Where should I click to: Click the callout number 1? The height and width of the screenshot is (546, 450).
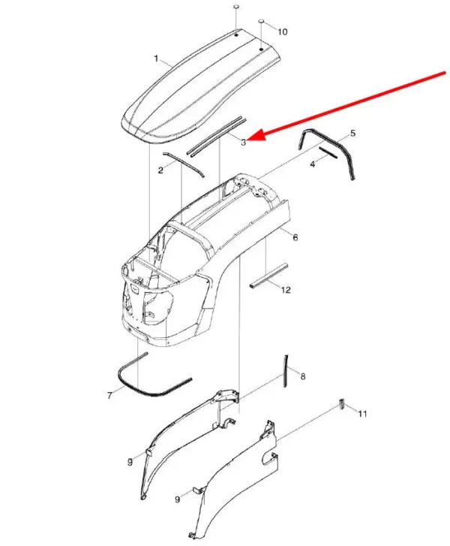click(x=156, y=58)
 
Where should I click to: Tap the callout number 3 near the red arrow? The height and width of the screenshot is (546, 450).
click(x=244, y=142)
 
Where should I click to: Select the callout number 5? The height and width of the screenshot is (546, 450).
click(x=352, y=133)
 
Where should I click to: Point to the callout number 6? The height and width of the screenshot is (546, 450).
click(x=295, y=237)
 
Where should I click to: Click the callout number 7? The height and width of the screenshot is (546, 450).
click(x=109, y=396)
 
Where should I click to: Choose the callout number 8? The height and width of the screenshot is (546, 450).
click(x=303, y=376)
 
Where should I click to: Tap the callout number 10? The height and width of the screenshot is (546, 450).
click(x=283, y=32)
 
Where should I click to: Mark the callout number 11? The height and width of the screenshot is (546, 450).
click(x=362, y=414)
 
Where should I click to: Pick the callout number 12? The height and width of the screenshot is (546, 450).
click(x=286, y=290)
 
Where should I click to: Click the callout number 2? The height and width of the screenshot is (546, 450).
click(x=160, y=170)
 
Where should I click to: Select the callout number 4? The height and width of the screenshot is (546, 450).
click(x=313, y=164)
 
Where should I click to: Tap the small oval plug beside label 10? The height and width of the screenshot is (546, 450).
click(x=262, y=22)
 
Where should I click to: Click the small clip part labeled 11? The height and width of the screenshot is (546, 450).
click(x=341, y=404)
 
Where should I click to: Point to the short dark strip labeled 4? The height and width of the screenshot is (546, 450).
click(x=328, y=152)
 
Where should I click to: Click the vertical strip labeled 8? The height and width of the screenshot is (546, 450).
click(x=286, y=371)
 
